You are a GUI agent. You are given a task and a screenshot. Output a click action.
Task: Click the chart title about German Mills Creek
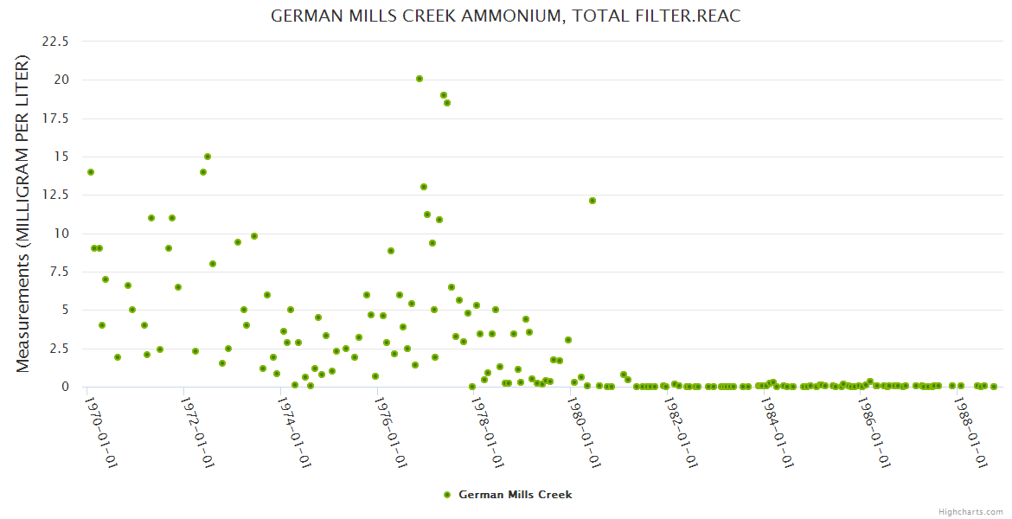tap(506, 16)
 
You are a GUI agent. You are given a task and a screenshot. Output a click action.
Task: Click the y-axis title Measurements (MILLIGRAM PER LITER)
tap(23, 214)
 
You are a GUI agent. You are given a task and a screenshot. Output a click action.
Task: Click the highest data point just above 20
tap(420, 79)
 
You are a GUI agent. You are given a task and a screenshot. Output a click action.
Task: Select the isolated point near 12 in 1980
tap(592, 201)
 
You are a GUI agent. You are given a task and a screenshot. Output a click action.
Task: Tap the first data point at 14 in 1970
tap(91, 172)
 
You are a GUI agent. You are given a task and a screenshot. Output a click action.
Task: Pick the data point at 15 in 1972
tap(208, 157)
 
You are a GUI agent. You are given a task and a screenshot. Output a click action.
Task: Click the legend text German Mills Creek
tap(515, 495)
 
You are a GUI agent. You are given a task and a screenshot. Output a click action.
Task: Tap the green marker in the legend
tap(447, 495)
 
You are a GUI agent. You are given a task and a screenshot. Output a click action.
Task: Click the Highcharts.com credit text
tap(970, 511)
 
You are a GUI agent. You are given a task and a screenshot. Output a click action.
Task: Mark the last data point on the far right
tap(994, 387)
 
